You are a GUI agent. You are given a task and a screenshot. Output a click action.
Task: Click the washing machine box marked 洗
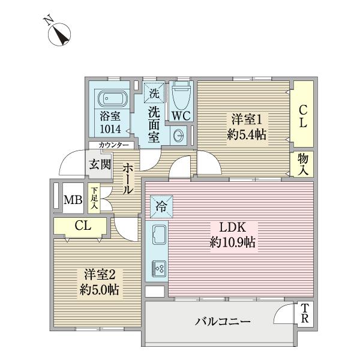pyautogui.click(x=155, y=93)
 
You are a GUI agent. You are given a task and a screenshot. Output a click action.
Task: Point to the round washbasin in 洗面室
pyautogui.click(x=179, y=136)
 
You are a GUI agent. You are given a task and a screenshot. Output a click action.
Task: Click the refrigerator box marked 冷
pyautogui.click(x=161, y=208)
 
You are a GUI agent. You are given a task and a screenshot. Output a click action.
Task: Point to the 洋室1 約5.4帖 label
pyautogui.click(x=246, y=125)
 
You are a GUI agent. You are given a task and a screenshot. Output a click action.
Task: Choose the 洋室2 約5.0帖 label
pyautogui.click(x=100, y=281)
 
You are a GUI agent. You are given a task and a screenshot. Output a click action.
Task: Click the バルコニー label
pyautogui.click(x=222, y=322)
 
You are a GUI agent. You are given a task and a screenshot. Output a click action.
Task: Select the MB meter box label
pyautogui.click(x=73, y=200)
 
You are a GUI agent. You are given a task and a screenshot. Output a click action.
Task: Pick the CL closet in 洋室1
pyautogui.click(x=304, y=116)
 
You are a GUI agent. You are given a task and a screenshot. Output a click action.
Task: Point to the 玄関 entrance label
pyautogui.click(x=100, y=164)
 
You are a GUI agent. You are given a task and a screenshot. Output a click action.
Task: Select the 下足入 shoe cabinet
pyautogui.click(x=94, y=199)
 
